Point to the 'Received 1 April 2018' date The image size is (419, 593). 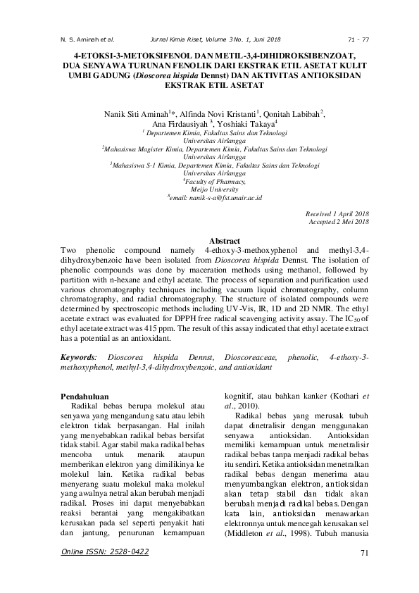pos(337,213)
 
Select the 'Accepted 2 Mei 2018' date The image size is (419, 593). pos(339,221)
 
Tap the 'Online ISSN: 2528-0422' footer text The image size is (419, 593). pos(106,552)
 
